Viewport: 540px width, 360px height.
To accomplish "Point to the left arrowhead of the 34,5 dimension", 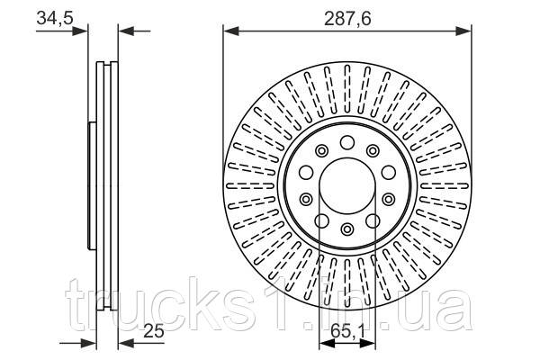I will (84, 33).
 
